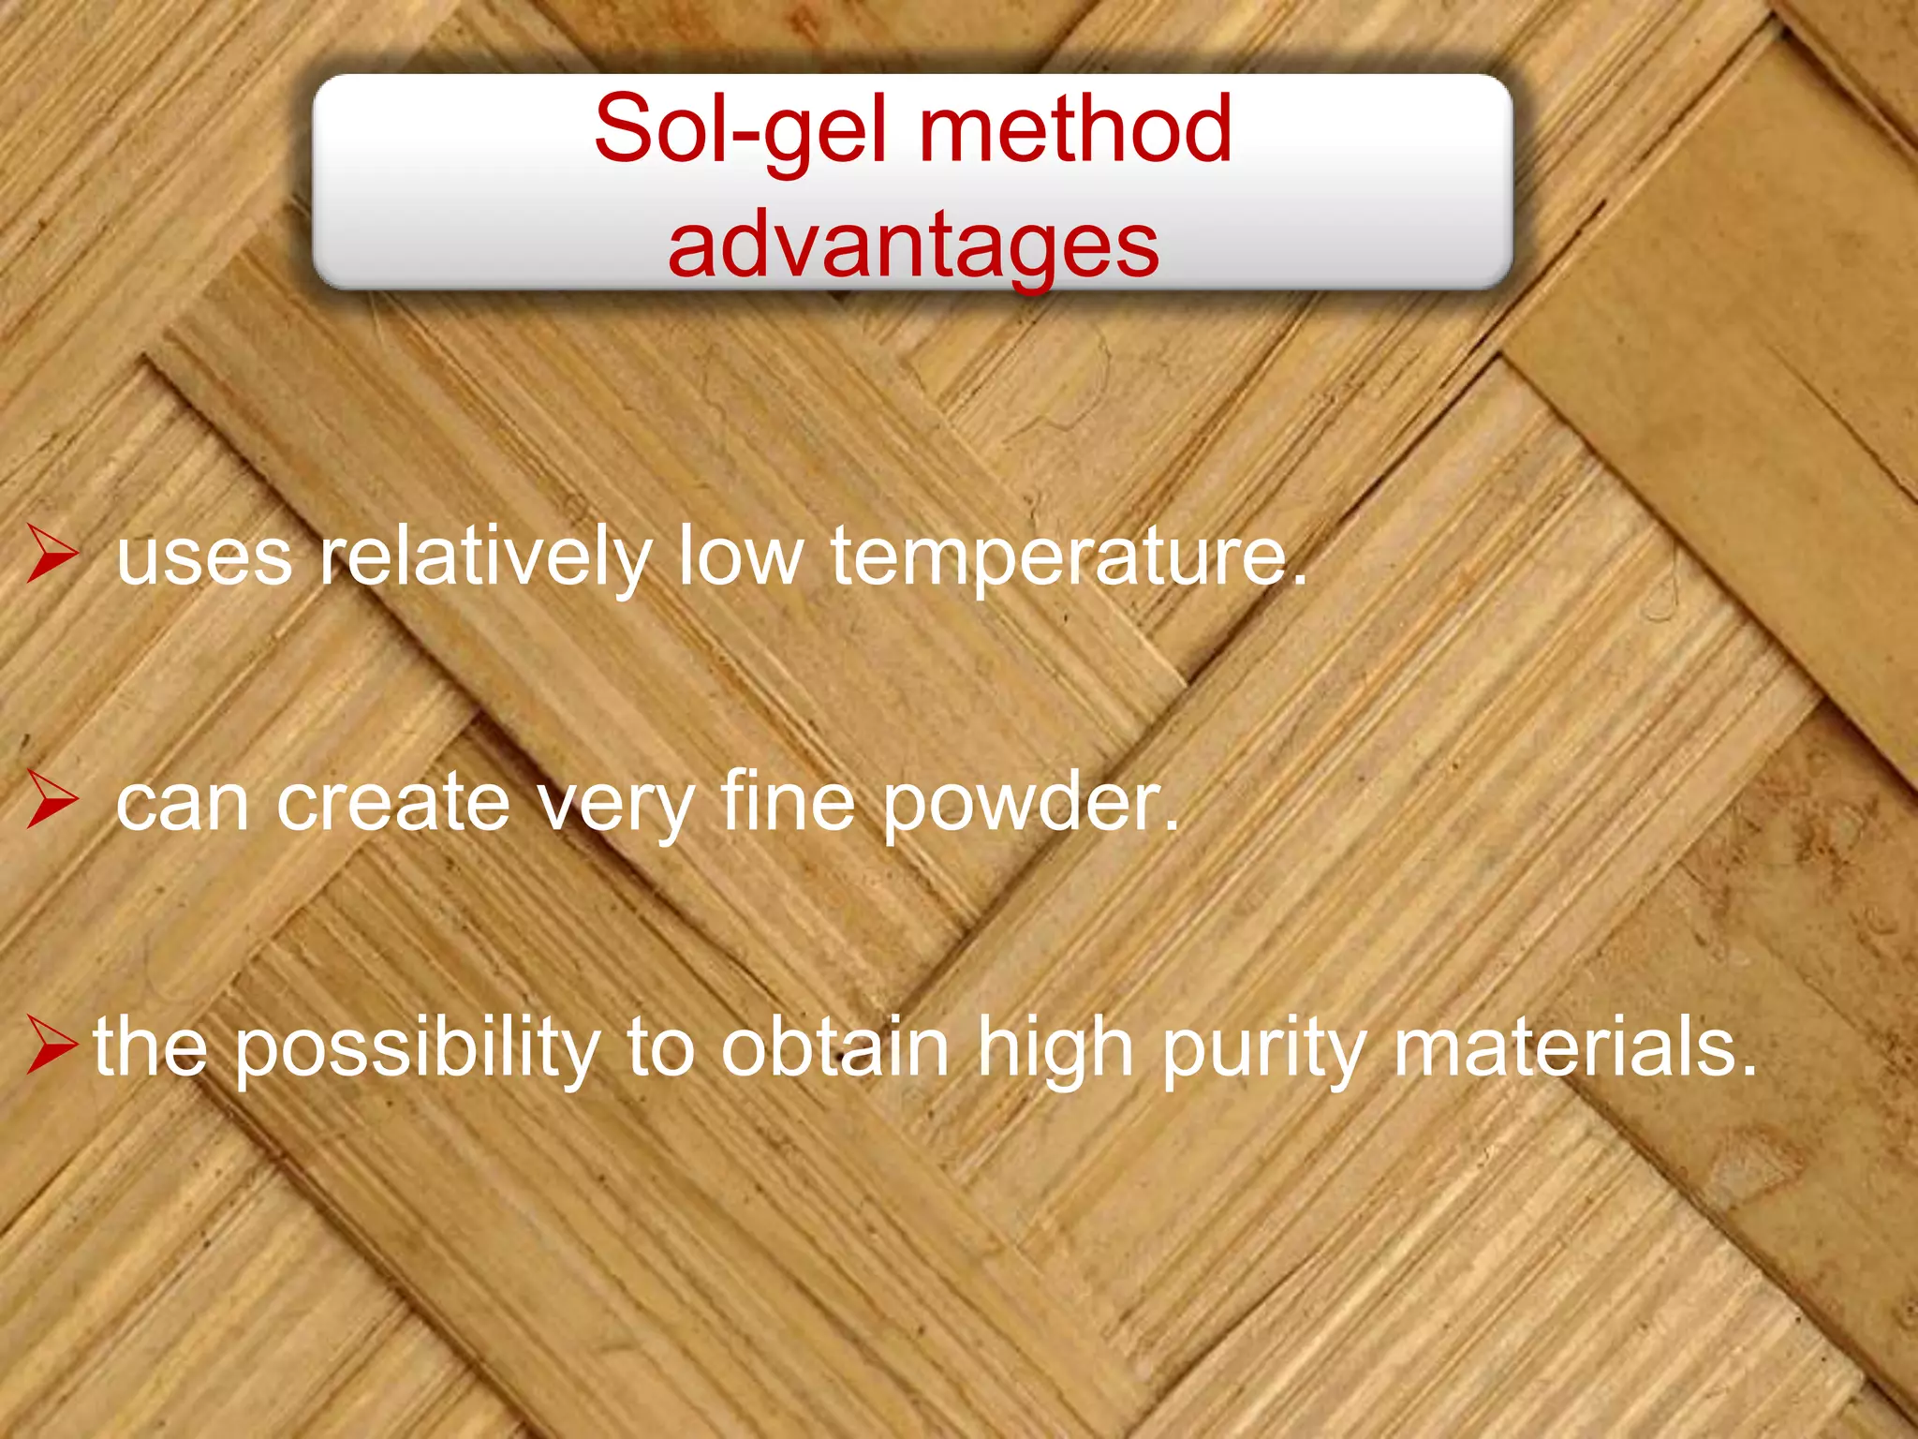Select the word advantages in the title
tap(913, 245)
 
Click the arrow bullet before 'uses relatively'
tap(52, 554)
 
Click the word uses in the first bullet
tap(204, 556)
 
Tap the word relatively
tap(485, 556)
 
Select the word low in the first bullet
tap(741, 556)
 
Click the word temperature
tap(1068, 556)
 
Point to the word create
tap(393, 802)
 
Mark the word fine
tap(788, 802)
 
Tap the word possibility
tap(417, 1047)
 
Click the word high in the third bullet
tap(1055, 1047)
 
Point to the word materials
tap(1574, 1047)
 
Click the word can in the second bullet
tap(183, 804)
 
